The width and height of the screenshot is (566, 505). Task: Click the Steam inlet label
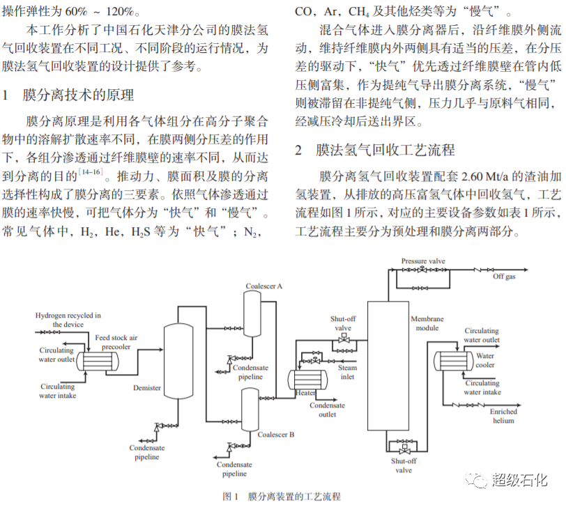347,373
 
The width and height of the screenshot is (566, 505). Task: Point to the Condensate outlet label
327,410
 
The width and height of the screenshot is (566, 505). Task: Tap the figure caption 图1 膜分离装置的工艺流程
282,496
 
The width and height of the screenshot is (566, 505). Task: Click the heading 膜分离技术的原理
78,95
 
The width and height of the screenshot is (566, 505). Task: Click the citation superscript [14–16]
91,171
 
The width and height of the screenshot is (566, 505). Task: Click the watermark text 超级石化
519,479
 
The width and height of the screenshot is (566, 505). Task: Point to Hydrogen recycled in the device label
68,320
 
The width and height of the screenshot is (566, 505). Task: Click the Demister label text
146,388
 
